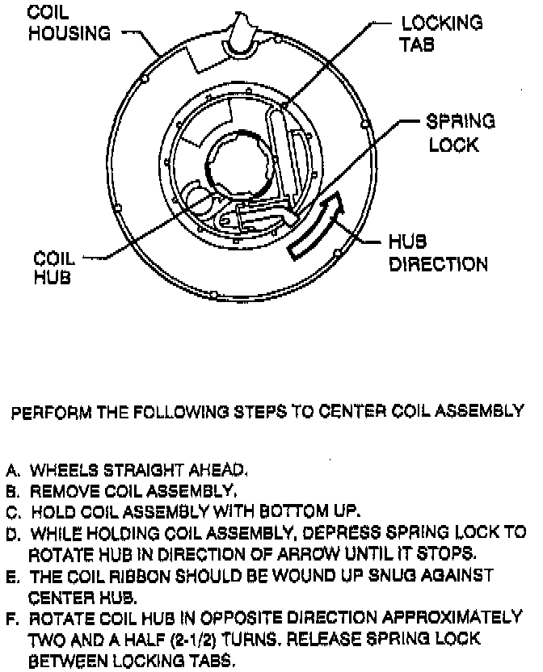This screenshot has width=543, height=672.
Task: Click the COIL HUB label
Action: [x=54, y=268]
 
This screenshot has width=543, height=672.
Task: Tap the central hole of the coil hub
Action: [x=239, y=161]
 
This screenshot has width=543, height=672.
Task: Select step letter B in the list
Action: [x=12, y=491]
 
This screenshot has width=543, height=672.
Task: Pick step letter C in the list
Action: [x=12, y=512]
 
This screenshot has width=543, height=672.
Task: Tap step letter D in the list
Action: [x=12, y=534]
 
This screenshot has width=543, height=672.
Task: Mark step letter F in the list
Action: [x=12, y=619]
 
